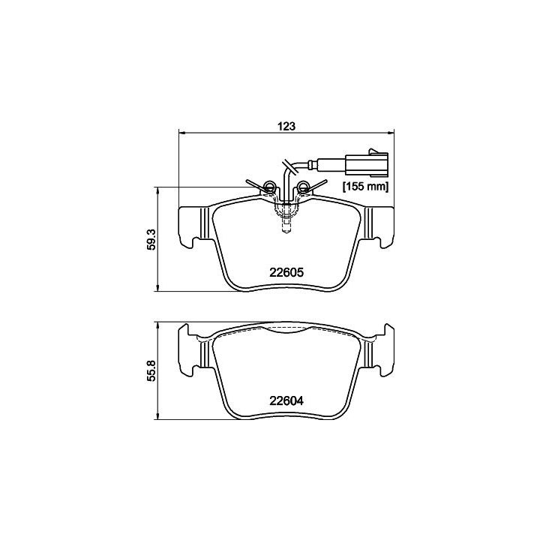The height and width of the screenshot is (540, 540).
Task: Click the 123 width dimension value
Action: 286,126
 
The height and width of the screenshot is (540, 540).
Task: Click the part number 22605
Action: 286,272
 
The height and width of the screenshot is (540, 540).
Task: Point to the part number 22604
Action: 286,400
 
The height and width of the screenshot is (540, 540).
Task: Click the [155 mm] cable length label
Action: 365,187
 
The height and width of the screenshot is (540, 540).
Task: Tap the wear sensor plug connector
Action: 367,163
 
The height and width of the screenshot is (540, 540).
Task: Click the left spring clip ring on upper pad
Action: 268,186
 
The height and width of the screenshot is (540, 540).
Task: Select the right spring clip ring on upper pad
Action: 304,186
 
